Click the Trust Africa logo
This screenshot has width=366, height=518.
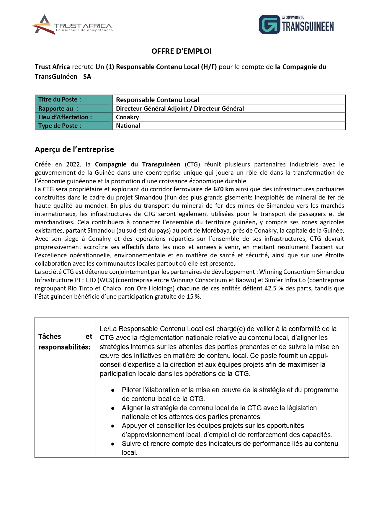[x=72, y=25]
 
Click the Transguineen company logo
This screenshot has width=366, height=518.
[x=296, y=24]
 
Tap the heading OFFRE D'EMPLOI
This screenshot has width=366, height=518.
[x=182, y=51]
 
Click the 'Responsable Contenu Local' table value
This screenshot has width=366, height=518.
[x=158, y=100]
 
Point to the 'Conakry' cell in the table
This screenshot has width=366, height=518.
[x=128, y=117]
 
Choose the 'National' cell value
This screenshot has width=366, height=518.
[x=128, y=126]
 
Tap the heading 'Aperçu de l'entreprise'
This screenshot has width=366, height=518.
[x=74, y=149]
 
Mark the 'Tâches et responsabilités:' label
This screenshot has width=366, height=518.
[x=65, y=342]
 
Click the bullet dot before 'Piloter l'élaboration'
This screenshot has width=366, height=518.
[x=113, y=390]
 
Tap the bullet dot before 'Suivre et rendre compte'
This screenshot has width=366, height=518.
[x=113, y=444]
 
